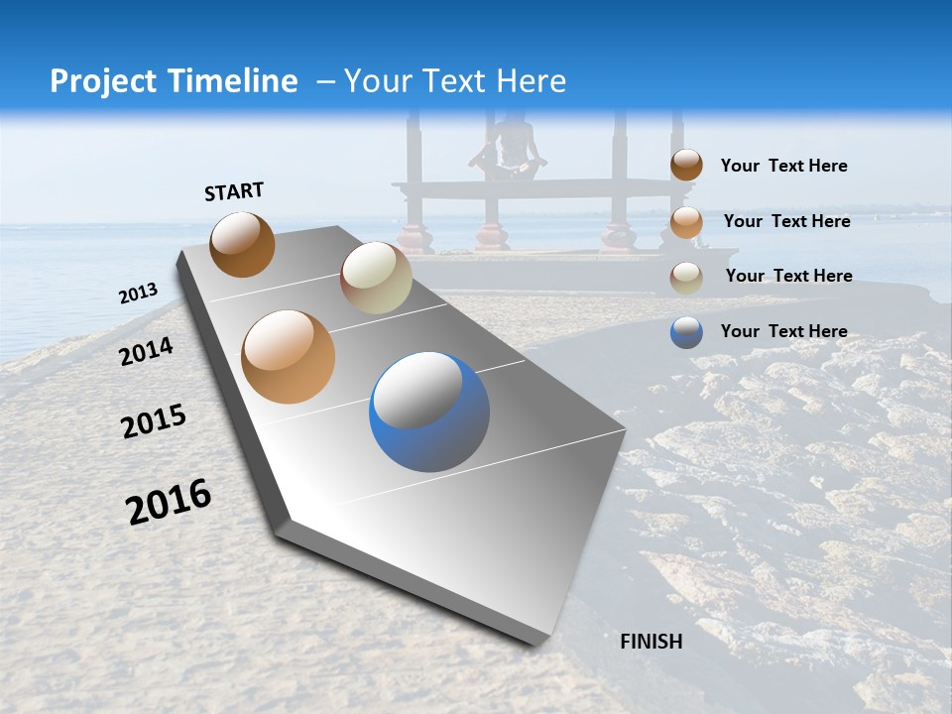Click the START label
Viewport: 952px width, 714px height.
point(234,191)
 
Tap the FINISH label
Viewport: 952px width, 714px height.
point(651,642)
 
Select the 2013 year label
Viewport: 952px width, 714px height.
point(139,294)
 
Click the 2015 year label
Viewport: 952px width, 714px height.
point(154,421)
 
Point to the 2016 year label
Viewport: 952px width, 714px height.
point(169,502)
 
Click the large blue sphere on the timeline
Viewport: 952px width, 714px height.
point(429,412)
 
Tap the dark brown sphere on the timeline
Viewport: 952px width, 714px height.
point(242,244)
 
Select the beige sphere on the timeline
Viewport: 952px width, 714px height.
point(376,278)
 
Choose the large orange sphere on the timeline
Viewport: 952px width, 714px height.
point(288,357)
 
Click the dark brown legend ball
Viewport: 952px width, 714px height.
point(686,165)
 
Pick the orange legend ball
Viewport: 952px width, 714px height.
point(686,221)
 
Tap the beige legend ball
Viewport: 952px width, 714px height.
point(686,277)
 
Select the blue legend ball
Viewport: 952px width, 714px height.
point(686,332)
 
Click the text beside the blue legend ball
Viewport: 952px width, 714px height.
point(783,331)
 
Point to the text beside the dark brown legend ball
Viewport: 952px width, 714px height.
point(783,166)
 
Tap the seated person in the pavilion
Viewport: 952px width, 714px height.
point(509,147)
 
